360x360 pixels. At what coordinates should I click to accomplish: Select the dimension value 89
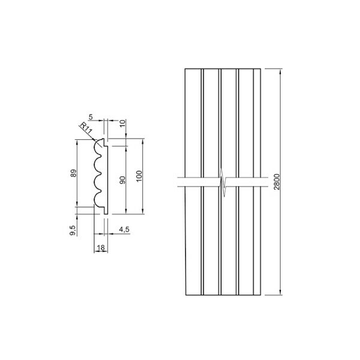[x=73, y=173]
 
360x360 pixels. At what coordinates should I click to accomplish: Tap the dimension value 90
[x=123, y=180]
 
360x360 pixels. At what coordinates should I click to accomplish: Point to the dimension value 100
[x=139, y=176]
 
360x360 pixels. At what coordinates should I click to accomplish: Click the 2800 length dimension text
[x=277, y=182]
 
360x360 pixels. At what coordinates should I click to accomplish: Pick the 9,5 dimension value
[x=73, y=230]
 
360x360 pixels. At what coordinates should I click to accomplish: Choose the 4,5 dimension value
[x=124, y=229]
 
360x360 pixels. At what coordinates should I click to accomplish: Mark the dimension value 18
[x=101, y=247]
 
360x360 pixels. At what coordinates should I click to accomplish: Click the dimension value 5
[x=91, y=117]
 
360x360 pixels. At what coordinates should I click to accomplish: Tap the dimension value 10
[x=123, y=123]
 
